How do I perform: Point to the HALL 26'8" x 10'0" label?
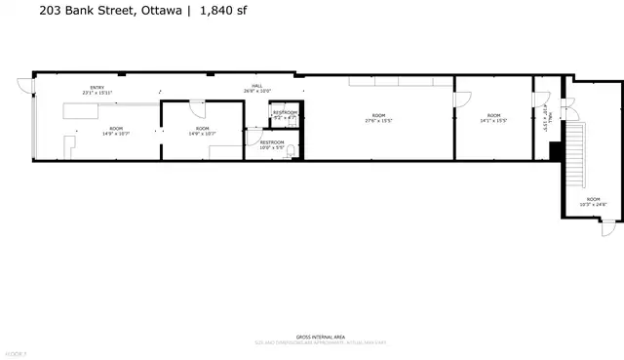(257, 89)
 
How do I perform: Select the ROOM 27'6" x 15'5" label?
(378, 118)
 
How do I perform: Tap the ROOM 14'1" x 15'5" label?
(493, 118)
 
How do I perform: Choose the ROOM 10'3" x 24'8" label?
(593, 201)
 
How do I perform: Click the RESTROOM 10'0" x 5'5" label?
(272, 144)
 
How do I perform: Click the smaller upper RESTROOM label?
(285, 114)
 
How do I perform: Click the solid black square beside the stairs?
(555, 149)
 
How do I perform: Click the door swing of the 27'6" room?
(457, 97)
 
